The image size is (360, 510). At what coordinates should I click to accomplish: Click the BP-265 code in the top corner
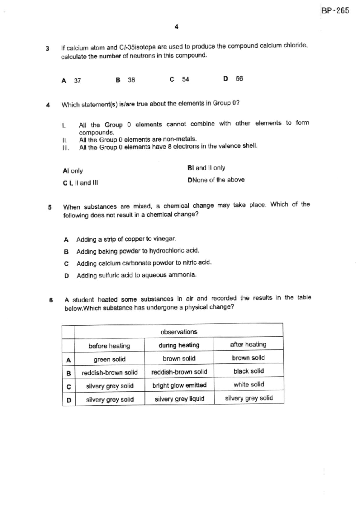[x=335, y=11]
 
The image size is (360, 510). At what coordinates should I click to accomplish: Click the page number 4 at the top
[x=176, y=27]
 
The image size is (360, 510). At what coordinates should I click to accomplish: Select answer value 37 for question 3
[x=77, y=81]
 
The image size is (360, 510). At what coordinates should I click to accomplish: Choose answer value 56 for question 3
[x=239, y=79]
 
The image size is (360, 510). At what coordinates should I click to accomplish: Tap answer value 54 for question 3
[x=185, y=79]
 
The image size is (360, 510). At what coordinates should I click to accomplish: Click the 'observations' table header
[x=179, y=331]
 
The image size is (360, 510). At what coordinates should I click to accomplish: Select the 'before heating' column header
[x=109, y=346]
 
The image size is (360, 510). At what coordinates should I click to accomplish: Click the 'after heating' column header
[x=248, y=344]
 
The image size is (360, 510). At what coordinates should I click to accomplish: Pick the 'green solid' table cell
[x=110, y=359]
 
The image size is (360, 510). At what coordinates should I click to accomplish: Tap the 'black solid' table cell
[x=249, y=371]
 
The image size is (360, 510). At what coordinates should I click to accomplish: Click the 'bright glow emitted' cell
[x=179, y=385]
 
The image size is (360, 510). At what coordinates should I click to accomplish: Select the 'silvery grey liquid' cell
[x=179, y=399]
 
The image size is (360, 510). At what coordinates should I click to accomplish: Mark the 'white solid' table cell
[x=249, y=384]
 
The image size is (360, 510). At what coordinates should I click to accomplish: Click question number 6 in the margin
[x=51, y=300]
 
